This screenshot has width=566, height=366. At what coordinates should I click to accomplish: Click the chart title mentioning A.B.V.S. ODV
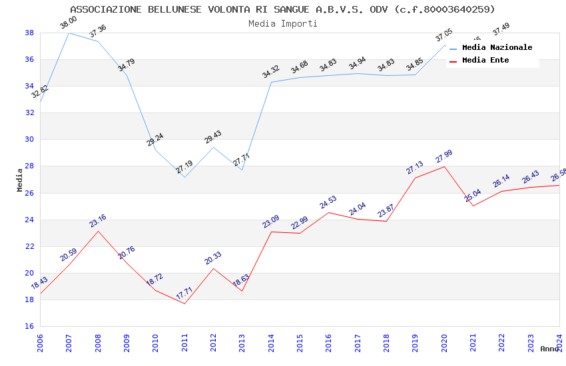point(282,9)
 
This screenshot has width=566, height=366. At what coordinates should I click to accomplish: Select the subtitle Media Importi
point(282,23)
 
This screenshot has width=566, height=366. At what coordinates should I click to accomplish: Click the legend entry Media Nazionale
point(497,47)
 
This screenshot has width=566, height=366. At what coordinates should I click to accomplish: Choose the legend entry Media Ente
point(485,60)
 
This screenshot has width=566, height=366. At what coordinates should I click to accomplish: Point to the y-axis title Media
point(19,180)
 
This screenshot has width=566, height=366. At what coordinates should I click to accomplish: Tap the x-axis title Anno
point(549,349)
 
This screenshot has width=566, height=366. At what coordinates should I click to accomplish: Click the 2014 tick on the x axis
point(271,341)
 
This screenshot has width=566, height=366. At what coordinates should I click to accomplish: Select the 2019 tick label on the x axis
point(415,341)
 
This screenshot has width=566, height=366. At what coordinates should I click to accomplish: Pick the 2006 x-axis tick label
point(40,341)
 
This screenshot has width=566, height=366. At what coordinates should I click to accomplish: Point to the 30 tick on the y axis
point(29,140)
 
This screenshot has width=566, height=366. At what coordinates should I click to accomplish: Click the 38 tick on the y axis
point(29,33)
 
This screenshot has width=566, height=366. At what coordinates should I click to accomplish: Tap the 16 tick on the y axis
point(29,326)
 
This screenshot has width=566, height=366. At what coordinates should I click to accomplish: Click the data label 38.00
point(68,23)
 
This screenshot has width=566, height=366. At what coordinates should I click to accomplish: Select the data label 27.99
point(443,156)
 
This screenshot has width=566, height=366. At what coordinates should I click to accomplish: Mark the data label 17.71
point(184,293)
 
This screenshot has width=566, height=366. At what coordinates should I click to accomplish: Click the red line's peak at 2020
point(444,166)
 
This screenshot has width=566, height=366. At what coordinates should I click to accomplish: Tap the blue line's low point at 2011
point(184,177)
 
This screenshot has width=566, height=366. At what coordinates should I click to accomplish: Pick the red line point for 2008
point(98,231)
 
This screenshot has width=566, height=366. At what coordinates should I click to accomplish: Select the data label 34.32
point(271,72)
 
